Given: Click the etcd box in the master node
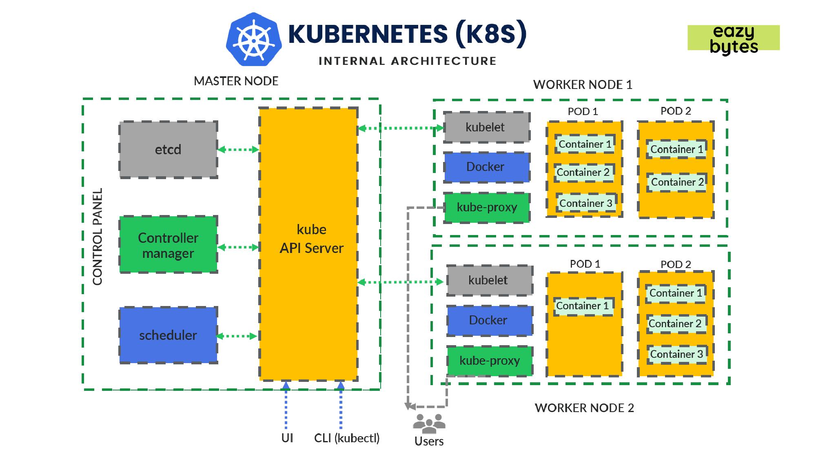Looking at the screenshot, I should (168, 150).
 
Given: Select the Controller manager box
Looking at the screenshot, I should (168, 245).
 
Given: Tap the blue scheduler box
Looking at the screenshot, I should (168, 335).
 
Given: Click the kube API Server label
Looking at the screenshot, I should (311, 239).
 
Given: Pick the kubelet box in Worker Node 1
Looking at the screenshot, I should (486, 127).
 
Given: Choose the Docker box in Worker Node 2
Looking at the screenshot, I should (489, 320).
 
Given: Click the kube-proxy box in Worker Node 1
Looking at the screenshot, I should (486, 207).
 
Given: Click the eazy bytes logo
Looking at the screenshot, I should (734, 38).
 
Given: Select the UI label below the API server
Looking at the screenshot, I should (287, 438).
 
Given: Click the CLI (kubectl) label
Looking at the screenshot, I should (347, 438).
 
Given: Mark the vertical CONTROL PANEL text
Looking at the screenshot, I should (98, 237).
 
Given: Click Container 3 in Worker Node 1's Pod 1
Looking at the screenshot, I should (585, 203).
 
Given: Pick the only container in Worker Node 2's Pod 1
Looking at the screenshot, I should (582, 306).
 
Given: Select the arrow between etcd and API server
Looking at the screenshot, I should (238, 150).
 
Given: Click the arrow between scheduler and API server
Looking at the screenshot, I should (237, 336).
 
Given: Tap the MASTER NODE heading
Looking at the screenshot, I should (236, 81).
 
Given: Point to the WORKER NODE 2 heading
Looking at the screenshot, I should (584, 408).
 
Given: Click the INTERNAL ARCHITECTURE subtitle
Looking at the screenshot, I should (407, 61).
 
